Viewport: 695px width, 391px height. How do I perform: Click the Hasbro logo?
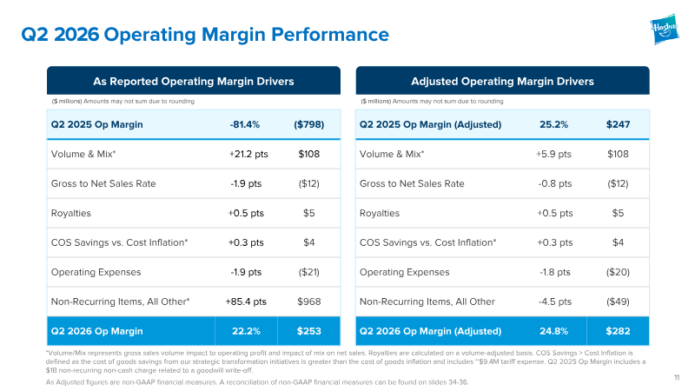point(665,30)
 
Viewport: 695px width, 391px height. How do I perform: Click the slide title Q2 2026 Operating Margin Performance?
point(205,35)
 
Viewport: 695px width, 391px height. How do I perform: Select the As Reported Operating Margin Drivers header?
point(194,81)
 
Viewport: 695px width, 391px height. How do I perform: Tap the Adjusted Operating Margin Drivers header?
point(502,81)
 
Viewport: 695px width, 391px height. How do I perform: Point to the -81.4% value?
point(245,124)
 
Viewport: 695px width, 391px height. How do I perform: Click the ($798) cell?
point(309,124)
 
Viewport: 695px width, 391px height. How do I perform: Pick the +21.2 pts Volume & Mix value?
point(248,154)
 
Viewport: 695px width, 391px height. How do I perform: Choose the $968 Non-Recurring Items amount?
point(309,302)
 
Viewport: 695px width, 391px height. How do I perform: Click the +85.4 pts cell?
point(246,302)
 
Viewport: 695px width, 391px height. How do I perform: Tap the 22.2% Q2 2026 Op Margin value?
point(246,331)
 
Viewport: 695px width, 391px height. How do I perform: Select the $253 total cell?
point(309,331)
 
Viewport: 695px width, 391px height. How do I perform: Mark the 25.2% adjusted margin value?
point(553,124)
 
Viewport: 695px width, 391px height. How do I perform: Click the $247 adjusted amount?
point(618,124)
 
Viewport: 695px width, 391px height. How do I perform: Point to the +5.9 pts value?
point(553,154)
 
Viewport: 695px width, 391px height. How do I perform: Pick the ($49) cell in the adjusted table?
point(618,302)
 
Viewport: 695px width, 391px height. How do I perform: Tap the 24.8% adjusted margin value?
point(553,331)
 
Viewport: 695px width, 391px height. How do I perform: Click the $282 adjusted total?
point(618,331)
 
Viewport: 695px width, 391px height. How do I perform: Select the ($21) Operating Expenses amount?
point(309,272)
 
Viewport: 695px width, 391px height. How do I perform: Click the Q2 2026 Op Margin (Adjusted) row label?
point(430,331)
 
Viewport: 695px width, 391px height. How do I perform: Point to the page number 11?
point(677,378)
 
